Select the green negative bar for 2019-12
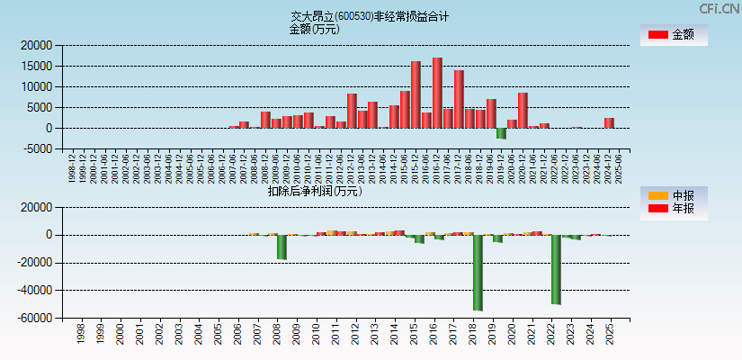point(501,133)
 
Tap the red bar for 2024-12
point(609,123)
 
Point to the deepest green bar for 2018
point(478,273)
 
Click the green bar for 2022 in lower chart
point(556,269)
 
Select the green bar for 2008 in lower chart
point(282,247)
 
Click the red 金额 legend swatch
point(658,35)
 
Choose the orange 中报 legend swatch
point(658,195)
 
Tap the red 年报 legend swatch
point(658,209)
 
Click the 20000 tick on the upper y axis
point(36,45)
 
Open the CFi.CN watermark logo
point(719,9)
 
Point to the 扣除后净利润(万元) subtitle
point(314,191)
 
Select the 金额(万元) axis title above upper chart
point(314,29)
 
